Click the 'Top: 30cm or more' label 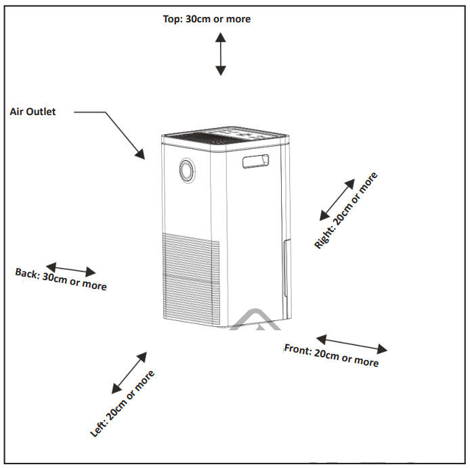[207, 19]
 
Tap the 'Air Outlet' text [33, 112]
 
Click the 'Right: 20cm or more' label [346, 211]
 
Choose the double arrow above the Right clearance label [337, 200]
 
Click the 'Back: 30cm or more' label [61, 279]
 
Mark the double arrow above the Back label [70, 269]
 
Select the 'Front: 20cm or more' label [331, 355]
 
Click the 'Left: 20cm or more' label [123, 403]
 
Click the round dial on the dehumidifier [186, 171]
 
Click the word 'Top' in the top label [172, 19]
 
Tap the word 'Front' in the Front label [297, 349]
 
